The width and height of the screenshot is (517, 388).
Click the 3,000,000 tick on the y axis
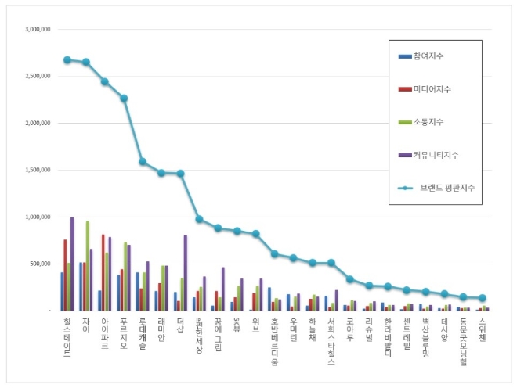click(x=38, y=29)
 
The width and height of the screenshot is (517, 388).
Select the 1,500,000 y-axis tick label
click(x=38, y=170)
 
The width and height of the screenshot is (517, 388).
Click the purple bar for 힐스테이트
click(x=72, y=264)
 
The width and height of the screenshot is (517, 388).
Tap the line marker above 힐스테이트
click(x=67, y=59)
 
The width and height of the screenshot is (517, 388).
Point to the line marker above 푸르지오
click(x=124, y=99)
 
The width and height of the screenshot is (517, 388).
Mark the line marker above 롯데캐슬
click(x=143, y=162)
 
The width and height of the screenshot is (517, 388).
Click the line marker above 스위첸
click(x=482, y=298)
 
